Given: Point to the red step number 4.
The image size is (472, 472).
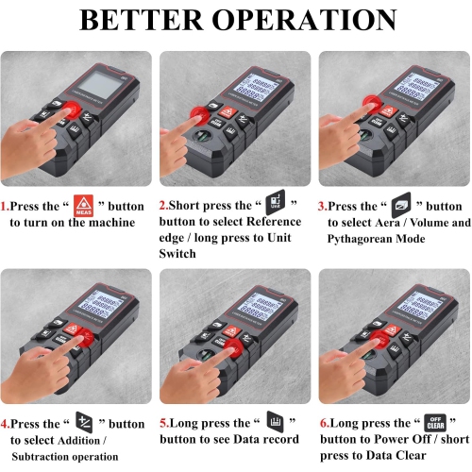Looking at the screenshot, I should [x=5, y=425].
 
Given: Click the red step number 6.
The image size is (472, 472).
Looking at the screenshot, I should [x=323, y=425].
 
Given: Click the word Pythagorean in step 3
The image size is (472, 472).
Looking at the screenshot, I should [x=362, y=240].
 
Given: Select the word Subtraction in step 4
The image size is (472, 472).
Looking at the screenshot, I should [x=42, y=456].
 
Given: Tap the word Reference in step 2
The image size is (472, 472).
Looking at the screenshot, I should [x=275, y=222].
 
